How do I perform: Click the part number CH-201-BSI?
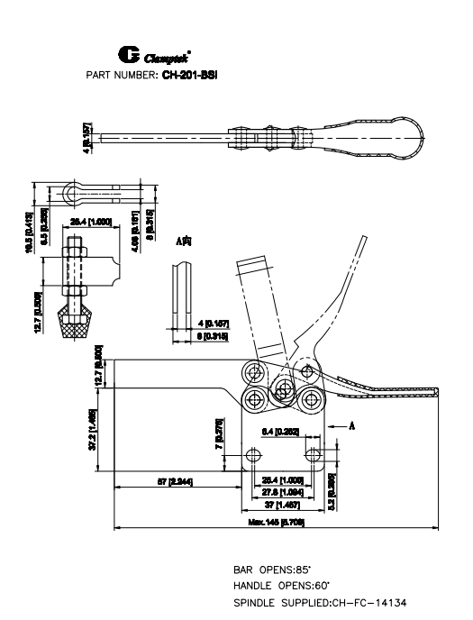191,75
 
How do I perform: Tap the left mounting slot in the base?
255,452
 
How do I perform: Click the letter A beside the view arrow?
352,425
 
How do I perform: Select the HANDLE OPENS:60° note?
277,586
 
